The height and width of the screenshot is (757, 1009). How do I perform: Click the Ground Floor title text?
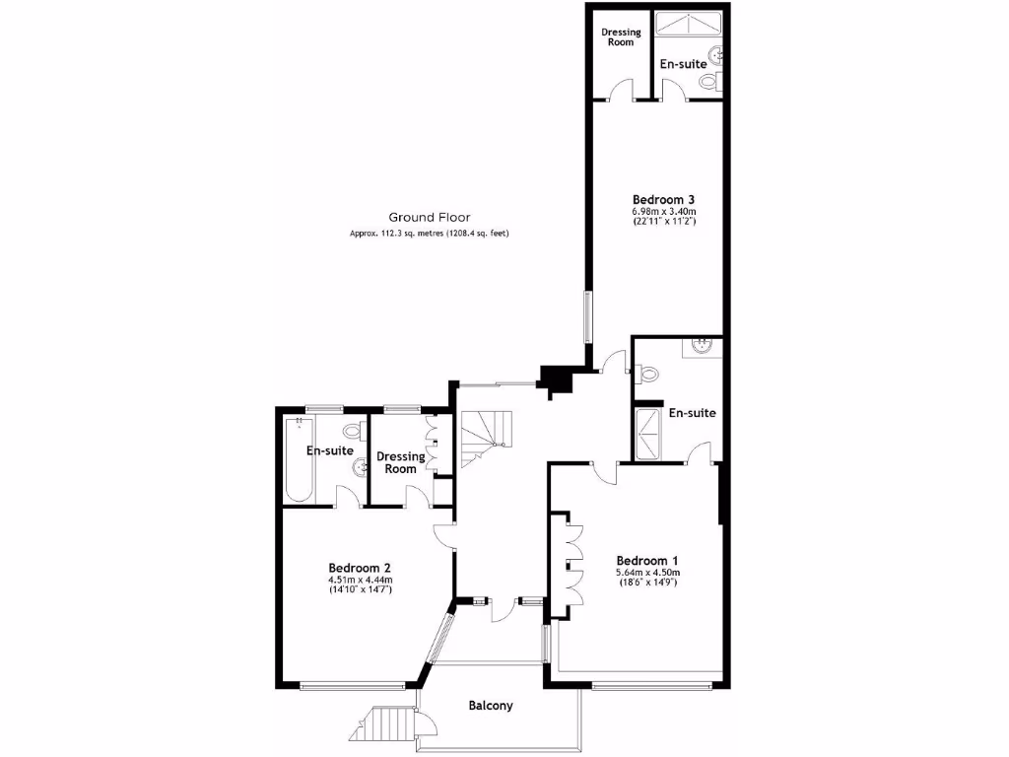[429, 217]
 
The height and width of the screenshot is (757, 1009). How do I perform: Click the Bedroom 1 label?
[647, 560]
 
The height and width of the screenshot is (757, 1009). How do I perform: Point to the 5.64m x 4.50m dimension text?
[647, 572]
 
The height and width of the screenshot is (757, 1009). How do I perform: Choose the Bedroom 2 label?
[360, 568]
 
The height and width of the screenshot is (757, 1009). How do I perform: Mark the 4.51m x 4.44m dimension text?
[360, 580]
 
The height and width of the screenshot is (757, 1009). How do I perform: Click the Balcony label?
[491, 706]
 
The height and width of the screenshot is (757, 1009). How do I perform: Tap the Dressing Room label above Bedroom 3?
[621, 36]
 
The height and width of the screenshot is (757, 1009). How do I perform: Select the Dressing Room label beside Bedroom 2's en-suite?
[401, 462]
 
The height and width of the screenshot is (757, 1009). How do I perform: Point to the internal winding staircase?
[485, 439]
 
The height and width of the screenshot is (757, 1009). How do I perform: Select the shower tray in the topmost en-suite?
[693, 24]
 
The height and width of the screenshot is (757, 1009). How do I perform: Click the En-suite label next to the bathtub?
[329, 450]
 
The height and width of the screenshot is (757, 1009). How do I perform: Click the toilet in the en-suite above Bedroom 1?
[647, 375]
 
